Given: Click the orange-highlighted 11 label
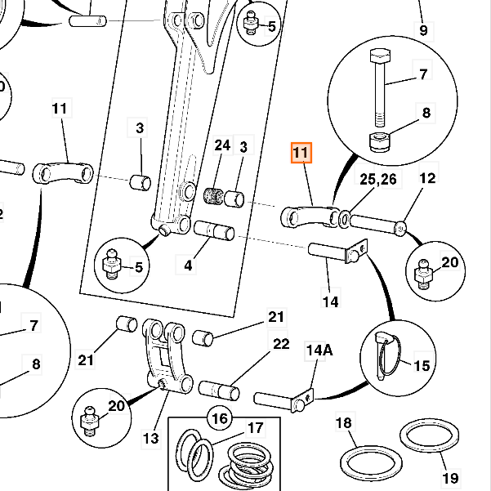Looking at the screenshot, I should click(301, 153).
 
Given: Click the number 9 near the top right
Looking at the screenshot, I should click(423, 31).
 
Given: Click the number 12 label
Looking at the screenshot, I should click(428, 179).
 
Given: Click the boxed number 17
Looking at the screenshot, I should click(256, 427).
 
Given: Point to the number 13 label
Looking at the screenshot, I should click(150, 439).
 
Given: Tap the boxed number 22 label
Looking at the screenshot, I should click(281, 344).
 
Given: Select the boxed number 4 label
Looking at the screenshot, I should click(189, 266).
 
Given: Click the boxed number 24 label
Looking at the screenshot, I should click(222, 145).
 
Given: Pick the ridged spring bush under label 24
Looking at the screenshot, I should click(215, 197).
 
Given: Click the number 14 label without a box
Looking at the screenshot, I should click(330, 302).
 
